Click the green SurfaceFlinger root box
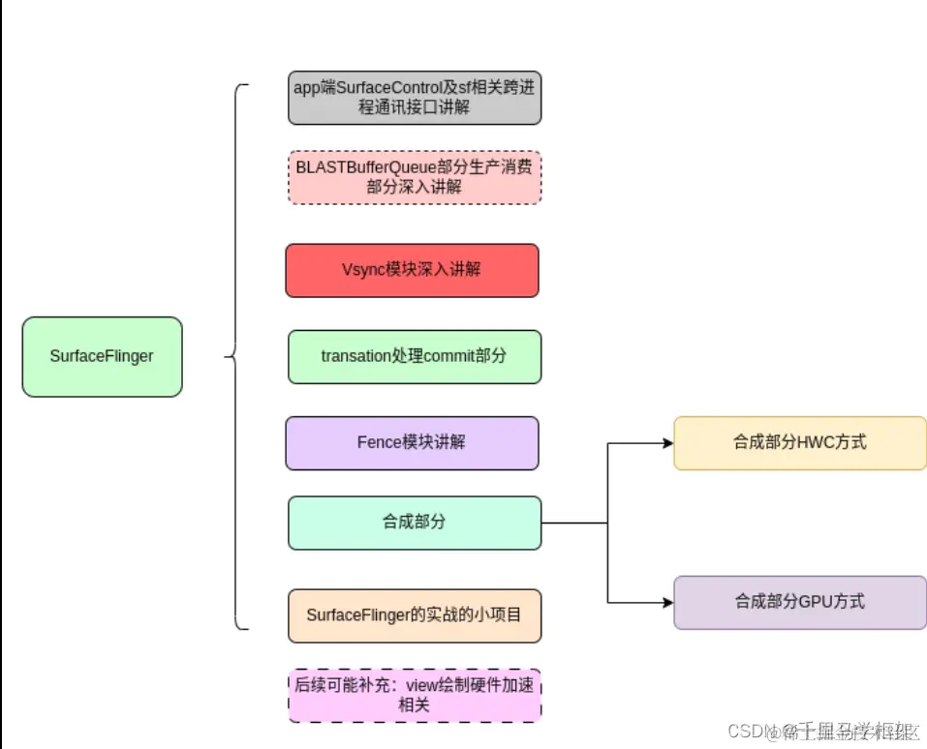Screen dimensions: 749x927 102,356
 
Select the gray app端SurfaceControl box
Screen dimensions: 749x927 414,97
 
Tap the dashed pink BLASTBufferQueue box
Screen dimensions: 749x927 414,177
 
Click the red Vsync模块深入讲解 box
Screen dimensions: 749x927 412,270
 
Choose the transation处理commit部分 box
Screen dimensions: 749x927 414,356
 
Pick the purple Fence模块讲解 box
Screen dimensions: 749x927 412,442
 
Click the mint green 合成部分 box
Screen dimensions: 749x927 414,523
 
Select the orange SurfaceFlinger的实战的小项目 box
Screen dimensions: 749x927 414,615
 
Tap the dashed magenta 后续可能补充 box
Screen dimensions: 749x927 414,695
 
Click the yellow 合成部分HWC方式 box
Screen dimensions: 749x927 799,443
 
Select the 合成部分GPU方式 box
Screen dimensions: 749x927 799,602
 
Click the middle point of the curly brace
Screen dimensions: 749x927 229,356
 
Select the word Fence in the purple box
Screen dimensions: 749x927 378,442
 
